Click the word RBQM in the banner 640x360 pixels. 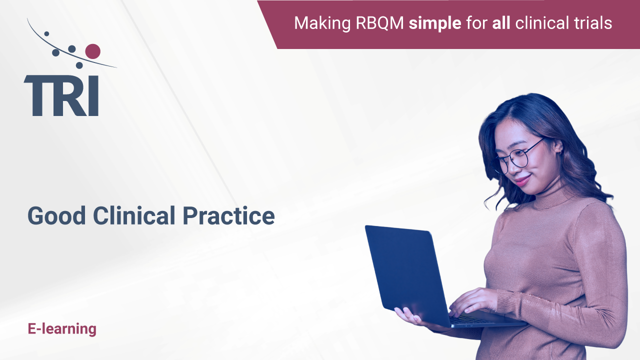pyautogui.click(x=379, y=23)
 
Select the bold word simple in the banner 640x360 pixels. pyautogui.click(x=435, y=23)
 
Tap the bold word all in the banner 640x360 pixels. pyautogui.click(x=501, y=23)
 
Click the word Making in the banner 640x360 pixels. pyautogui.click(x=322, y=23)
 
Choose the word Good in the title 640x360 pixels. pyautogui.click(x=56, y=215)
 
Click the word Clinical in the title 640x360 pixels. pyautogui.click(x=134, y=215)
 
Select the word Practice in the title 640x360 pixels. pyautogui.click(x=228, y=215)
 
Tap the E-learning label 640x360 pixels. pyautogui.click(x=62, y=329)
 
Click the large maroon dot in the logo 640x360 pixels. pyautogui.click(x=93, y=51)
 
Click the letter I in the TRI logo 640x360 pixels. pyautogui.click(x=93, y=95)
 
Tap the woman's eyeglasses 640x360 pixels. pyautogui.click(x=517, y=156)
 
